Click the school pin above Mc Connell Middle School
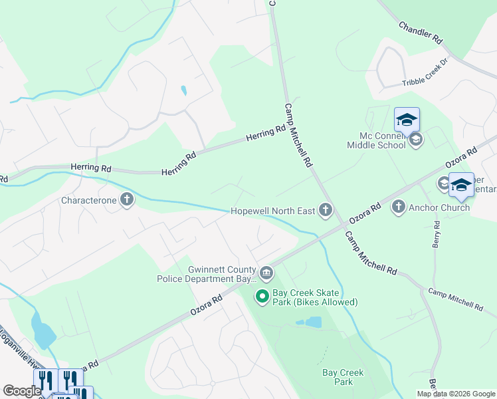[407, 120]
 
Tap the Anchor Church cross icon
[399, 207]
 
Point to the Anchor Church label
[440, 207]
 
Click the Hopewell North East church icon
[325, 211]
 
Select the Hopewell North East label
[272, 211]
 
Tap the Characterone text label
[88, 200]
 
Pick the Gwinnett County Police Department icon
[266, 273]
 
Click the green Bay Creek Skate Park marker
[262, 297]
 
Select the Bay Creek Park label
[343, 377]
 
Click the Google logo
[22, 391]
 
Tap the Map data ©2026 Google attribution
[456, 394]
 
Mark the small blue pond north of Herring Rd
[183, 90]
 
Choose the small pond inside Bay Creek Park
[310, 323]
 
